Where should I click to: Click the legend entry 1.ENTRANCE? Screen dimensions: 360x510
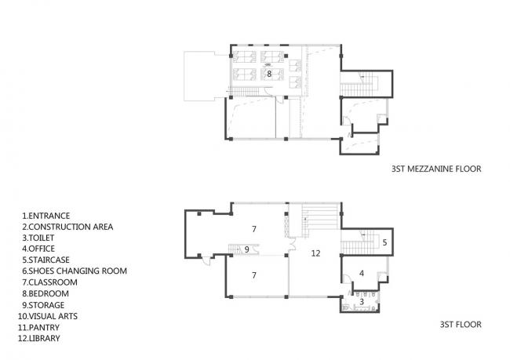click(x=46, y=216)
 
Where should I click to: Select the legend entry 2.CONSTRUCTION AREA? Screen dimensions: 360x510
click(x=67, y=227)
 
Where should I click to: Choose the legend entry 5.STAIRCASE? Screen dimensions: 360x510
click(x=47, y=260)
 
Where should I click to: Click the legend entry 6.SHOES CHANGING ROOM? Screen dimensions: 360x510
click(x=75, y=271)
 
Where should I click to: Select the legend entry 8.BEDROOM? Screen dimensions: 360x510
click(x=46, y=293)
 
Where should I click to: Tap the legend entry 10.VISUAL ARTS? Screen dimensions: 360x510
click(x=51, y=315)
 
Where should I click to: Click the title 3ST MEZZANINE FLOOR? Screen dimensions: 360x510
click(x=435, y=169)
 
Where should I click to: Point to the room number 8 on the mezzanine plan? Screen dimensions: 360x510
click(x=269, y=73)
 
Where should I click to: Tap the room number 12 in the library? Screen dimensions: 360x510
click(x=315, y=253)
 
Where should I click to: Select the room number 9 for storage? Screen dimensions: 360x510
click(x=246, y=249)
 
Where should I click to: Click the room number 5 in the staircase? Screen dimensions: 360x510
click(x=384, y=243)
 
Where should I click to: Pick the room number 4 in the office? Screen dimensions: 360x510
click(x=361, y=273)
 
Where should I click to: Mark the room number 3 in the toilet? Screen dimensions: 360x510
click(x=361, y=300)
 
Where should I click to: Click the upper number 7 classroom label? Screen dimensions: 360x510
click(x=254, y=228)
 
